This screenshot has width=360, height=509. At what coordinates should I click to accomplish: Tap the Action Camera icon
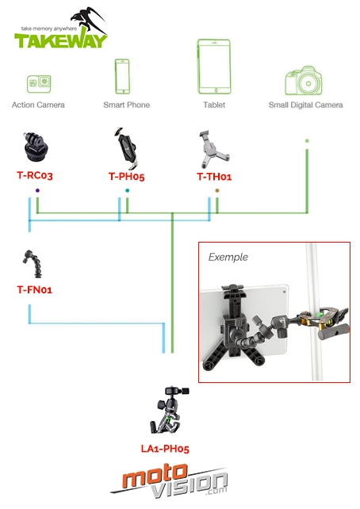[x=39, y=84]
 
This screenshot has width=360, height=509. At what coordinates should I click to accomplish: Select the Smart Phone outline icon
[x=122, y=77]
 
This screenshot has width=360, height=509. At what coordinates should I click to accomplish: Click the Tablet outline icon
[x=214, y=67]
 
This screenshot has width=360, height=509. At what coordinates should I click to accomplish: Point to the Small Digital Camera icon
[x=304, y=81]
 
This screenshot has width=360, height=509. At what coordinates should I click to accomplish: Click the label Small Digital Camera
[x=305, y=105]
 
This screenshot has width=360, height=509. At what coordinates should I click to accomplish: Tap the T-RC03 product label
[x=35, y=176]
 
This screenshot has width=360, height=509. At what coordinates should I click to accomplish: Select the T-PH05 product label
[x=126, y=177]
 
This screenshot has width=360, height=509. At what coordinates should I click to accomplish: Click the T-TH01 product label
[x=214, y=177]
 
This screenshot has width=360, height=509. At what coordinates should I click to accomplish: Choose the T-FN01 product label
[x=34, y=289]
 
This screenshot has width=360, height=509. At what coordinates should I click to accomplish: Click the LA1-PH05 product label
[x=165, y=449]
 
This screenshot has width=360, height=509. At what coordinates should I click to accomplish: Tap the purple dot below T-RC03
[x=37, y=190]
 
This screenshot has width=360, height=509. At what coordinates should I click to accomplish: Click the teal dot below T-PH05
[x=127, y=190]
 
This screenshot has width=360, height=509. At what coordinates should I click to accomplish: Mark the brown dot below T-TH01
[x=217, y=190]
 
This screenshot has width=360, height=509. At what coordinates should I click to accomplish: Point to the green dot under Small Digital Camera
[x=307, y=141]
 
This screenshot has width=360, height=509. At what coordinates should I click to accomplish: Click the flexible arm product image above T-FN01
[x=33, y=263]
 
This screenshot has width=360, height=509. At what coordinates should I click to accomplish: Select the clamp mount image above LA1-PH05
[x=169, y=411]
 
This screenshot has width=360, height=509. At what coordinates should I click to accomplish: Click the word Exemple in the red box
[x=228, y=258]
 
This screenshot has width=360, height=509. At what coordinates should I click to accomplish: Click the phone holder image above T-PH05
[x=126, y=148]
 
